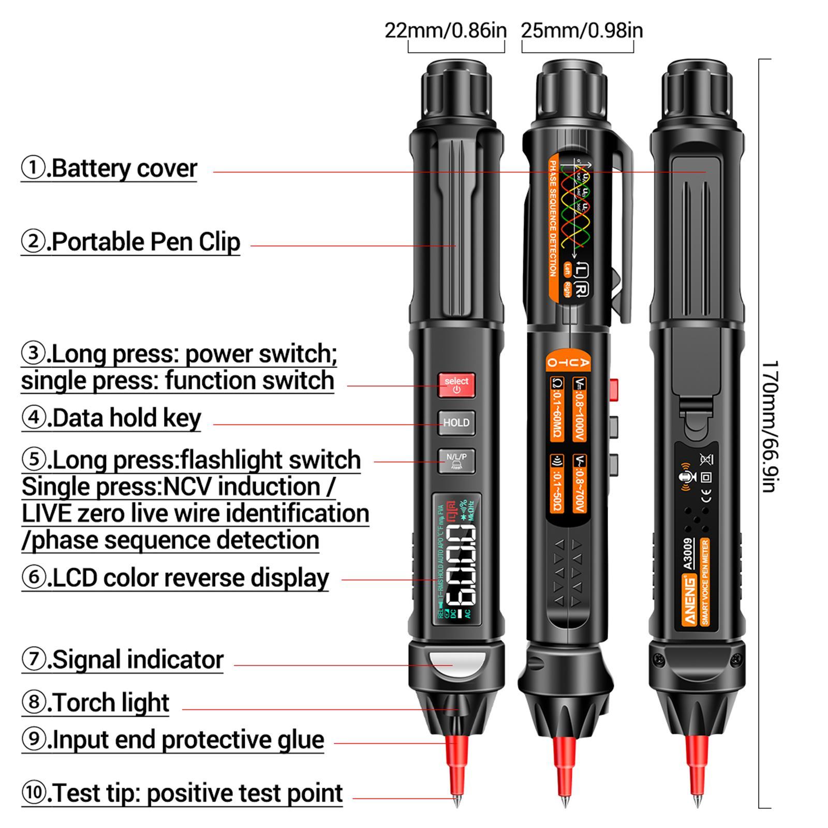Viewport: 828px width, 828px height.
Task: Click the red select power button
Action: click(456, 385)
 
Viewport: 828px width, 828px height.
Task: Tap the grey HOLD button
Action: click(456, 423)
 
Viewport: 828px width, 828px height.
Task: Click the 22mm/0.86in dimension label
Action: click(446, 31)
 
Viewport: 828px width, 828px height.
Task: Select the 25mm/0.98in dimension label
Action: click(582, 31)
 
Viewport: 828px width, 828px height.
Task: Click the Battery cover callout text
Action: click(109, 169)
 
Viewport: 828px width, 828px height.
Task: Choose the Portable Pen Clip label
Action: click(131, 242)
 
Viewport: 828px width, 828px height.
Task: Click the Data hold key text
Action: click(111, 418)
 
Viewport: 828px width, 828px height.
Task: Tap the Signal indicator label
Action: click(123, 660)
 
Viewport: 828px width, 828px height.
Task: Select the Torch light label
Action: click(96, 703)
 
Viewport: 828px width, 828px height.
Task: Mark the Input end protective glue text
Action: click(173, 740)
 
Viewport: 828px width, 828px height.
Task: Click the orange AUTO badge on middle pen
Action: click(568, 362)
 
